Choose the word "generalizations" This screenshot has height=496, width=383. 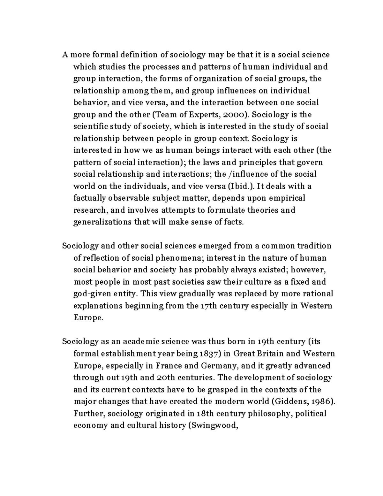[102, 222]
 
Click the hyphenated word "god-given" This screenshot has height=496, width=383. [90, 294]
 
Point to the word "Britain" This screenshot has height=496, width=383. [274, 354]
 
